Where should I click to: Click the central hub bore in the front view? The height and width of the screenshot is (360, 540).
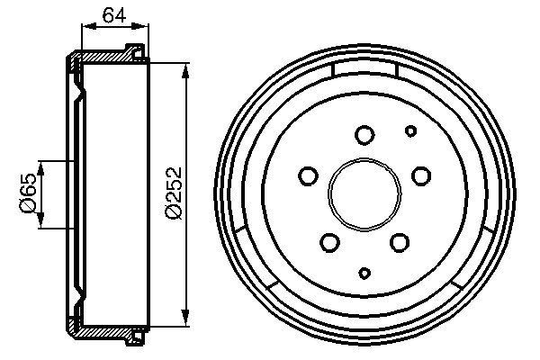364,192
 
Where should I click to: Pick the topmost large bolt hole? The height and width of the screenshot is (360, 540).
364,135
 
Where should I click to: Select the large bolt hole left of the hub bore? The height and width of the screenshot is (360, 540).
308,175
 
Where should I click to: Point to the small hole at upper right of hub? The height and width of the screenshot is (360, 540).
410,131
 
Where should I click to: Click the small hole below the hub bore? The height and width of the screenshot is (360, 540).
364,273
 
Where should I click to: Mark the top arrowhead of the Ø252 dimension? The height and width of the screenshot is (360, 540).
186,69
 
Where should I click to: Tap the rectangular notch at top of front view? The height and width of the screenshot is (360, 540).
364,70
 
